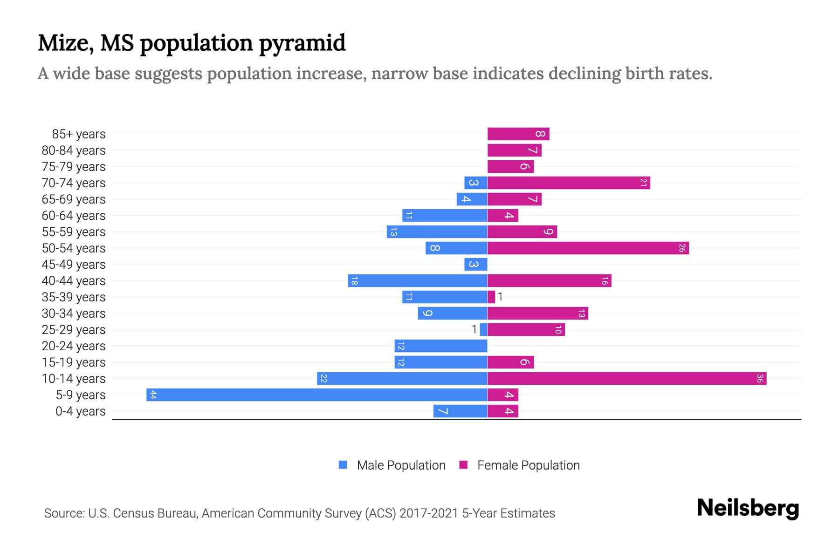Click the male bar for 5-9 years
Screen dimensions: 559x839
317,395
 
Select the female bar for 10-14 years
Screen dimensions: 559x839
627,378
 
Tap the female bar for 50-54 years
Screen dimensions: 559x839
588,248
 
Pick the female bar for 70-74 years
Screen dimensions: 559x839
569,183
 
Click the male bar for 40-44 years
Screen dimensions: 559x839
418,280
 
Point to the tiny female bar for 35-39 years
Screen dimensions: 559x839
491,297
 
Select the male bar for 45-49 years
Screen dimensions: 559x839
476,264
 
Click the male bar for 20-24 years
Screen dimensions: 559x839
441,346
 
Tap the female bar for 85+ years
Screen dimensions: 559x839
518,134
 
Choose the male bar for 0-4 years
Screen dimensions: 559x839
461,411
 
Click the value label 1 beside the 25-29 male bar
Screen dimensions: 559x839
474,329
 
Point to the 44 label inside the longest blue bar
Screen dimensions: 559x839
153,395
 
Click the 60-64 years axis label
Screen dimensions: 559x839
74,216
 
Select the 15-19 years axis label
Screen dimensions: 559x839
74,362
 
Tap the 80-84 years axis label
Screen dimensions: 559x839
74,150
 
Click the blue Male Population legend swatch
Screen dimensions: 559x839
343,465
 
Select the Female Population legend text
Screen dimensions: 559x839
528,465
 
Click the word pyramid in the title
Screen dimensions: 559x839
302,43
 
